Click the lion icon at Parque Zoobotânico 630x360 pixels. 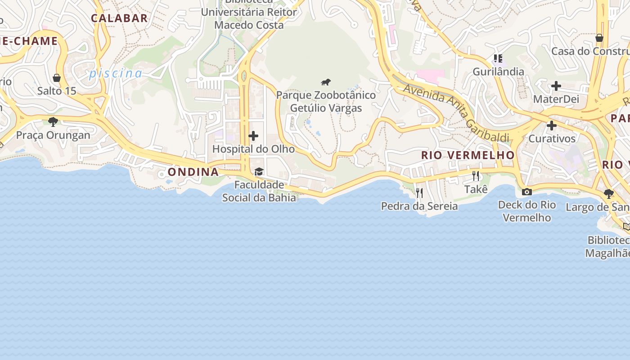(x=326, y=82)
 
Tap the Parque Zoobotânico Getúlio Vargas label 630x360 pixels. (x=326, y=102)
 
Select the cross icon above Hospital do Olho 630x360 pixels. (x=253, y=136)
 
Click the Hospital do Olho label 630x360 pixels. (x=253, y=149)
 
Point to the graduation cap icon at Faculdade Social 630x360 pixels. (x=259, y=171)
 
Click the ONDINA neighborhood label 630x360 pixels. (x=193, y=172)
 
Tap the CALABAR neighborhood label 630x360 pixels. (x=119, y=18)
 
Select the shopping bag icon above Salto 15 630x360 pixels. (x=57, y=78)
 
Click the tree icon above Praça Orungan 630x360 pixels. (x=53, y=121)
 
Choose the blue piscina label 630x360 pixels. (x=116, y=73)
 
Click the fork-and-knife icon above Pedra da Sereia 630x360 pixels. (x=419, y=193)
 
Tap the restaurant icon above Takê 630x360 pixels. (x=476, y=176)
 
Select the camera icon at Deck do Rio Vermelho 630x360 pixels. (x=526, y=192)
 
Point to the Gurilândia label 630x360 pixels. (x=498, y=72)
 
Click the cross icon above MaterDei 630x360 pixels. (x=556, y=85)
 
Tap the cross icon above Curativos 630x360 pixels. (x=552, y=125)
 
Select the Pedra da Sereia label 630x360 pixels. (x=419, y=206)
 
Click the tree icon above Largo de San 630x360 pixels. (x=608, y=194)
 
